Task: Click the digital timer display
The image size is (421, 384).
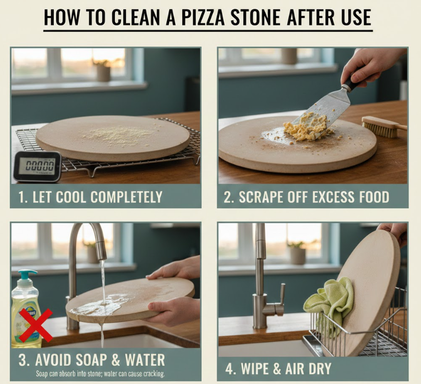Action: (40, 165)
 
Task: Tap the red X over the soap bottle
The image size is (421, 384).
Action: (36, 325)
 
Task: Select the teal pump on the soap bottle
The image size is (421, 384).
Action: (27, 276)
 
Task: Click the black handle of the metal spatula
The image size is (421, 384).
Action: (354, 80)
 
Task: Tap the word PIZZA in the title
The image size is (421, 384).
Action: (203, 17)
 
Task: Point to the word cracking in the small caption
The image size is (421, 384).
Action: (154, 374)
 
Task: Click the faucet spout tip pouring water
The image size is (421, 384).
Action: (102, 257)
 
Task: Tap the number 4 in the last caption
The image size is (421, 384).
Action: (229, 369)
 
